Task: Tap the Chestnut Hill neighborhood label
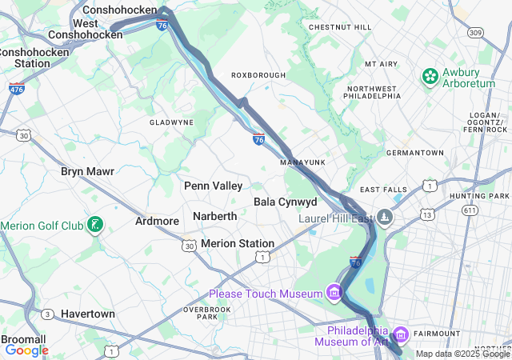(x=340, y=27)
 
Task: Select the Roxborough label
(x=258, y=75)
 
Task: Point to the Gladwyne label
(x=171, y=122)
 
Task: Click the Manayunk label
(x=302, y=162)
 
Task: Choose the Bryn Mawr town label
(x=87, y=171)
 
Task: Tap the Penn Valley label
(x=213, y=186)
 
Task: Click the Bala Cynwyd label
(x=286, y=202)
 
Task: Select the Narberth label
(x=214, y=216)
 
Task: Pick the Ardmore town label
(x=157, y=221)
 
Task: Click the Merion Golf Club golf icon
(x=95, y=225)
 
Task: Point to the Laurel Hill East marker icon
(x=386, y=218)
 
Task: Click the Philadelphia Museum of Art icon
(x=401, y=332)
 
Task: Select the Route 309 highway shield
(x=476, y=33)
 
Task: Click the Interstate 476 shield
(x=17, y=87)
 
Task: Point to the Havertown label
(x=87, y=314)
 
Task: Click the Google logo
(x=26, y=350)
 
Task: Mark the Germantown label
(x=414, y=152)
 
